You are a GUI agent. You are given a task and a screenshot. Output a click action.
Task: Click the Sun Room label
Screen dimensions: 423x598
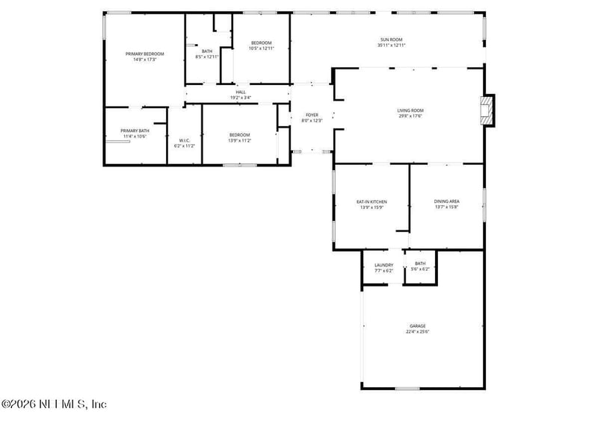pos(391,40)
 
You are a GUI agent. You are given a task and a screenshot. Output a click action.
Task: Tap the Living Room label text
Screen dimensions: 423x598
pos(410,111)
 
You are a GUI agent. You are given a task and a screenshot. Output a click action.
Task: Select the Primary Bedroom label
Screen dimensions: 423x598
pos(144,54)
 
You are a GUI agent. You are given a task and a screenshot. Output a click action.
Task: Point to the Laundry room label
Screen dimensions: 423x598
pos(383,265)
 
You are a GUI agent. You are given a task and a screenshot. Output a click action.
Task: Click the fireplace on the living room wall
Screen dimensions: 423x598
pos(487,110)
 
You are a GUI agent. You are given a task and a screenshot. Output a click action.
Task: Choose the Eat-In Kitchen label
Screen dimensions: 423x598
pos(371,201)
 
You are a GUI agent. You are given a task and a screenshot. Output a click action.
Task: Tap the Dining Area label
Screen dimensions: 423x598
pos(446,201)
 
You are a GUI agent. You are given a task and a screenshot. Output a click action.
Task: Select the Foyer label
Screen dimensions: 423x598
pos(312,115)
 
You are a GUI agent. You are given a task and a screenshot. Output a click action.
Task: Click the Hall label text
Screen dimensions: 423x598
pos(240,93)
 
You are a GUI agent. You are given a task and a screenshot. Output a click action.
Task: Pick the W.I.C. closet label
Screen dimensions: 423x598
pos(185,140)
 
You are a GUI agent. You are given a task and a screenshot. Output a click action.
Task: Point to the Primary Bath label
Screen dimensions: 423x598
pos(135,131)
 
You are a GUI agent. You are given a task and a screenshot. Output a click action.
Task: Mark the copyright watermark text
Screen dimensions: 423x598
pos(54,404)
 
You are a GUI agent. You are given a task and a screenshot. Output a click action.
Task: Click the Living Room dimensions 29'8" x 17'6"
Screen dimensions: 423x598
pos(410,116)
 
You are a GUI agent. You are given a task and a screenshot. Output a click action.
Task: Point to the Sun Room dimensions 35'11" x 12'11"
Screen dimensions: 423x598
pos(391,46)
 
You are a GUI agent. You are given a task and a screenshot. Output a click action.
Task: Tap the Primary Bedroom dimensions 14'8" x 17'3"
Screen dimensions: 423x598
pos(144,59)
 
